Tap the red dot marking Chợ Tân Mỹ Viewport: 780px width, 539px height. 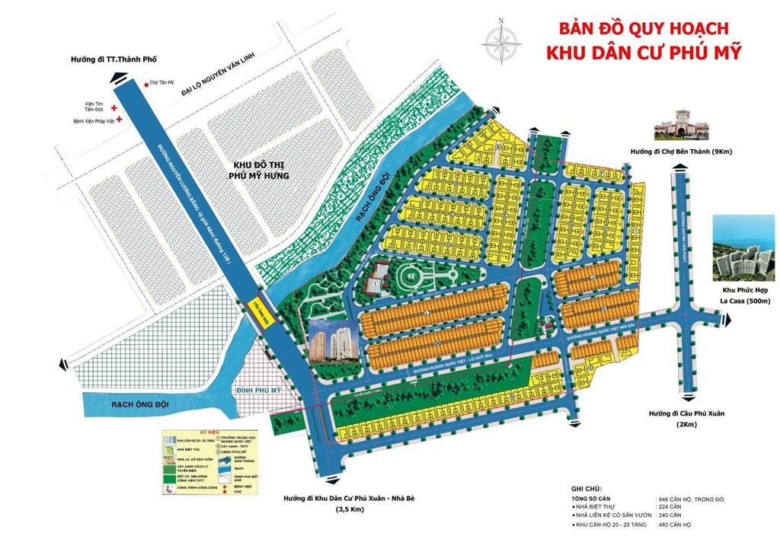(x=145, y=85)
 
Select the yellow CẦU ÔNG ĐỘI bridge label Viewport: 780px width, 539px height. (x=257, y=306)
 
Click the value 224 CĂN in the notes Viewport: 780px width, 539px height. (x=670, y=506)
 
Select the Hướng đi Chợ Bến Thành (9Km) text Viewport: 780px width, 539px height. (x=680, y=152)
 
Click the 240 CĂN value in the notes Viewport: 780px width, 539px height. (x=670, y=515)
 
